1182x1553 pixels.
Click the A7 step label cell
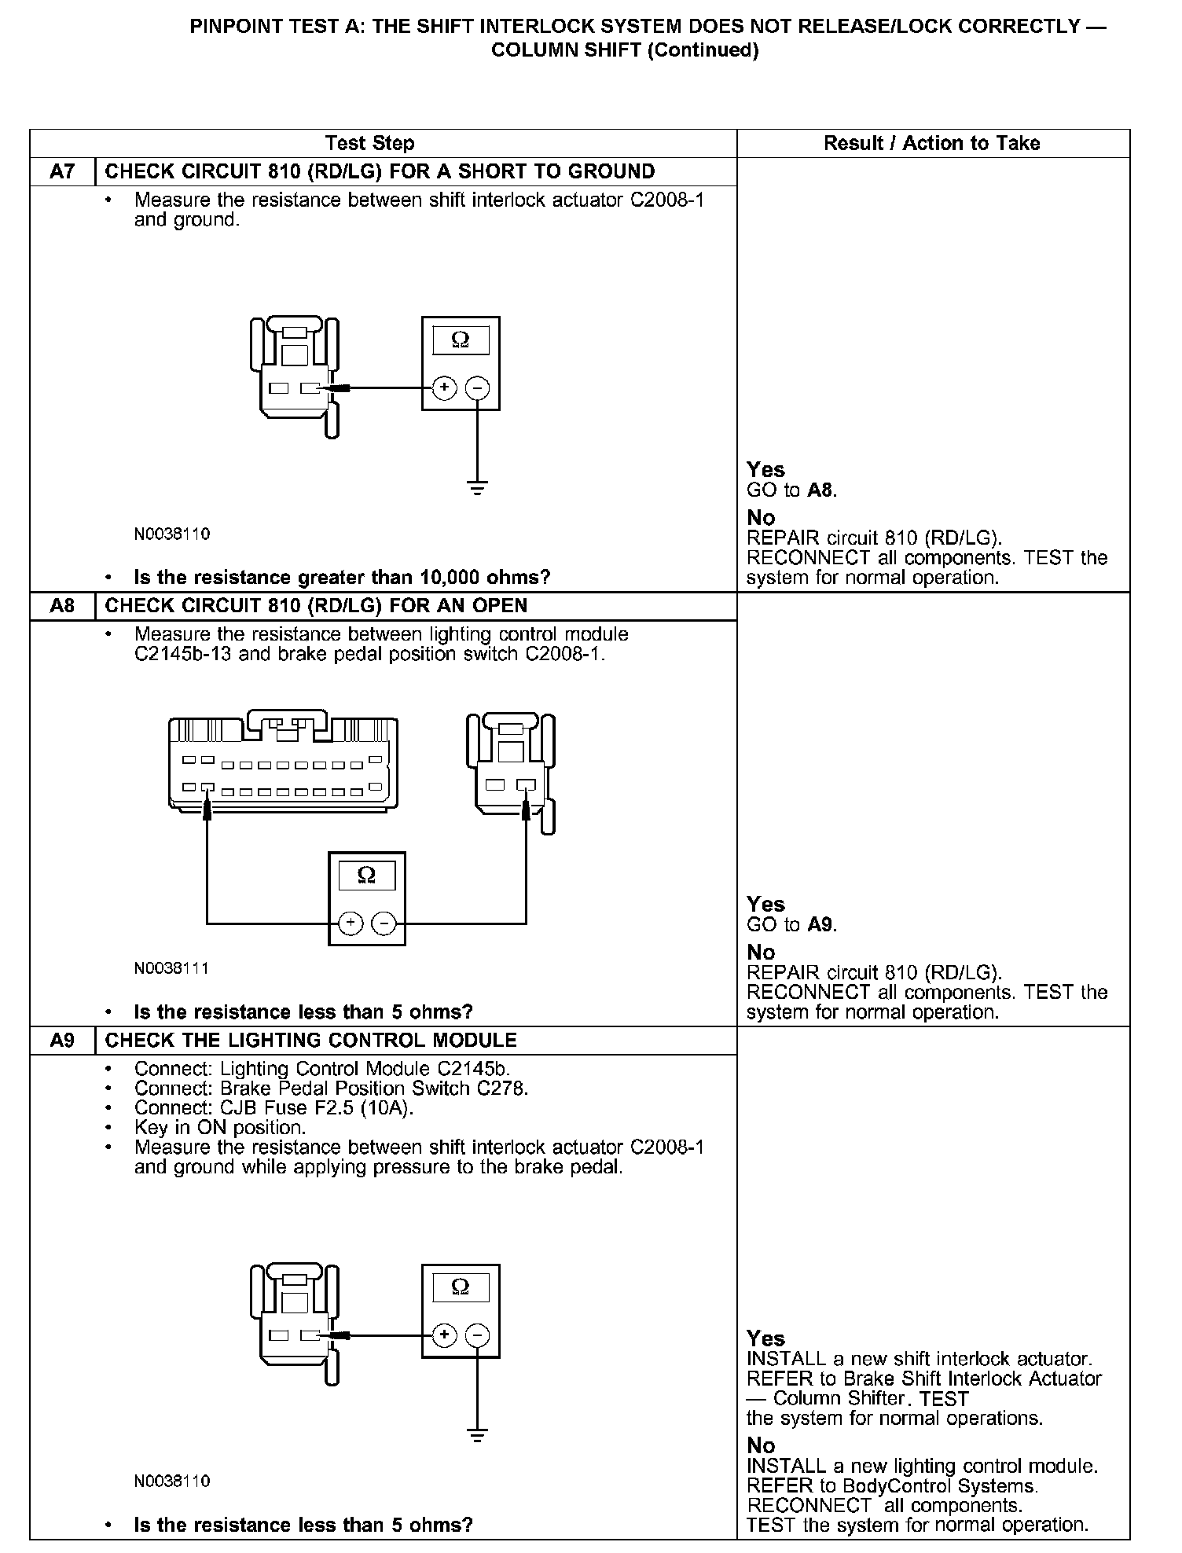(62, 171)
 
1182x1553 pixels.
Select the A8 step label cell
(62, 606)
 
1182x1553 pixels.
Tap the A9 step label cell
(62, 1041)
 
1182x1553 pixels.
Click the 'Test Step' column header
(369, 143)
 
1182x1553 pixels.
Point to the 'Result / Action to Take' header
(931, 143)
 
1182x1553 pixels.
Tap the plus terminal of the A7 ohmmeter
(445, 387)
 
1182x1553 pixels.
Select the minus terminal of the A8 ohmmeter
(384, 923)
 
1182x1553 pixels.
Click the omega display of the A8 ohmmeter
(366, 876)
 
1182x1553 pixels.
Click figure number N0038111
(172, 968)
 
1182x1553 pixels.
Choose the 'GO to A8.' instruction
(791, 490)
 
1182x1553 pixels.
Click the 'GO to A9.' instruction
(791, 924)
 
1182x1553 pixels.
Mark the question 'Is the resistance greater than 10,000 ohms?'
(342, 578)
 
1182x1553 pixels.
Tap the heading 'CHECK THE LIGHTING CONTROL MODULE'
(310, 1041)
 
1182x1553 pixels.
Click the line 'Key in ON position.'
(220, 1128)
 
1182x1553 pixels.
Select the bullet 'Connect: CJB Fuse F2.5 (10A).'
(273, 1108)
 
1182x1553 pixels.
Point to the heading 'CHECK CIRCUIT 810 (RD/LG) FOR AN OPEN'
(316, 606)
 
